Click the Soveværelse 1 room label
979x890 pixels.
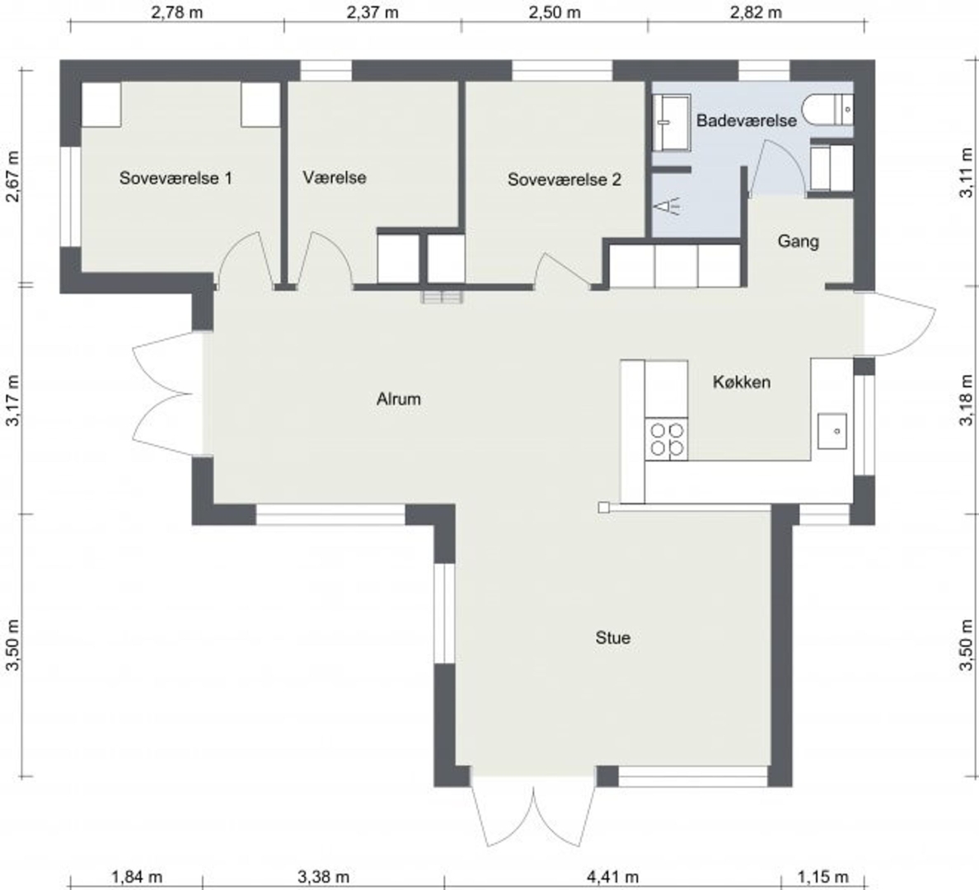pos(176,178)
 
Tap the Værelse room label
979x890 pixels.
pos(335,177)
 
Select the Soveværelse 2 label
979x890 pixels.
pos(564,180)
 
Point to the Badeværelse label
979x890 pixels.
pos(747,120)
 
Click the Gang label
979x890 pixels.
pos(798,241)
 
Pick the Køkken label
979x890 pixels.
pos(742,382)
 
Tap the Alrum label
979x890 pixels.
pos(398,399)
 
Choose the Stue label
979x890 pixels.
pos(612,638)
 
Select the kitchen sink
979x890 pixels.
pos(832,431)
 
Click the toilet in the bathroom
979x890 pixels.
pos(828,110)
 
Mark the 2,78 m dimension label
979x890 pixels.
pos(177,12)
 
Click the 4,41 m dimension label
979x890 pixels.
pos(612,878)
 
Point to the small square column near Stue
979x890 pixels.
pos(604,508)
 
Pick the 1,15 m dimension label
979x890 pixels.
pos(823,878)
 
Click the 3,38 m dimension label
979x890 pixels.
pos(323,878)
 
